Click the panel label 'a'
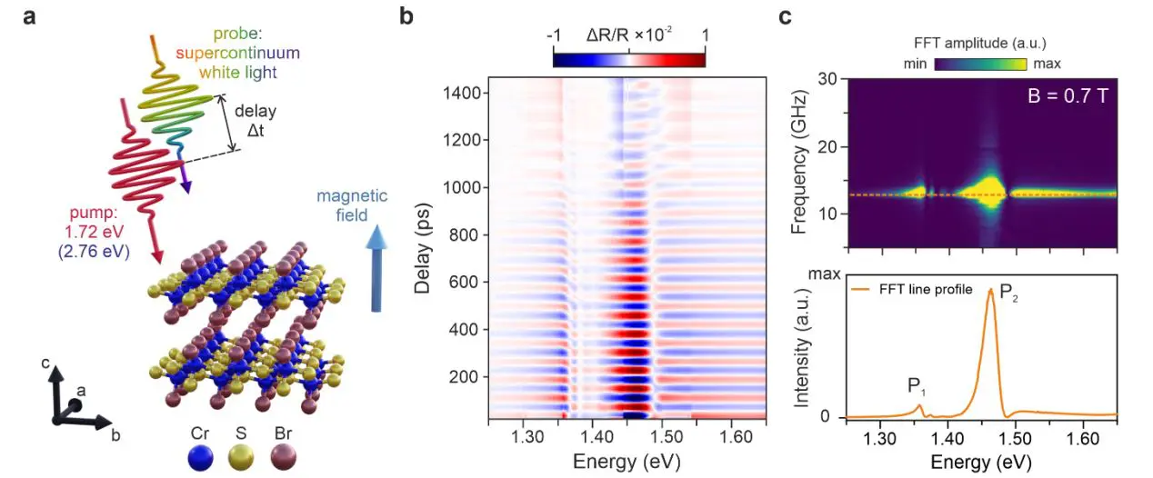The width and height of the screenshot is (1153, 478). click(x=30, y=16)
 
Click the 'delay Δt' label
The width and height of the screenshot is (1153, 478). click(x=255, y=119)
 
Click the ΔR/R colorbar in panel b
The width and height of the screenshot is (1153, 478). click(x=628, y=60)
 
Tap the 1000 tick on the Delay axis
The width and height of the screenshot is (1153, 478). click(x=462, y=187)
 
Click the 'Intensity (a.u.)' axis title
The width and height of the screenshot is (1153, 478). click(x=802, y=349)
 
